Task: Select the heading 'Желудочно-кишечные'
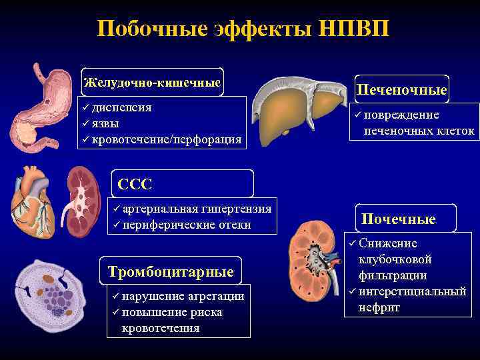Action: pyautogui.click(x=152, y=83)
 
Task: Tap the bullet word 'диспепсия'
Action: pyautogui.click(x=121, y=107)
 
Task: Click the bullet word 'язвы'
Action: pyautogui.click(x=106, y=123)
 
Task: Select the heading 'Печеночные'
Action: pyautogui.click(x=401, y=89)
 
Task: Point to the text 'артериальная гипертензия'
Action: pyautogui.click(x=197, y=209)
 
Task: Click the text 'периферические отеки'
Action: pyautogui.click(x=187, y=225)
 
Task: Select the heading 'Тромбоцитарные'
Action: pyautogui.click(x=171, y=271)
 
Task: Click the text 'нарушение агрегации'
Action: pyautogui.click(x=183, y=296)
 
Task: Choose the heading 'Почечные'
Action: pyautogui.click(x=399, y=219)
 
